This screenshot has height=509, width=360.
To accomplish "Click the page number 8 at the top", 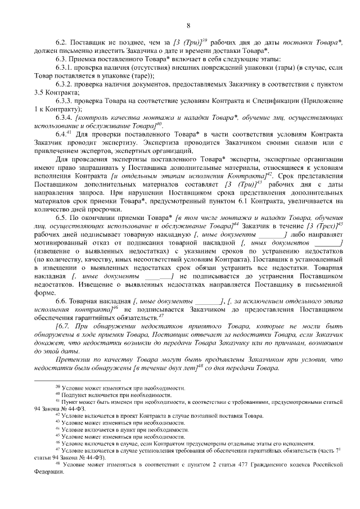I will tap(188, 25).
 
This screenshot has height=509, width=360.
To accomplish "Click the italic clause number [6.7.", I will tap(62, 326).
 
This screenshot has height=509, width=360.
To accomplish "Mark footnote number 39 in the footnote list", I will tap(57, 387).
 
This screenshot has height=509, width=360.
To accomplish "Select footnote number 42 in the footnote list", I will tap(57, 415).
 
